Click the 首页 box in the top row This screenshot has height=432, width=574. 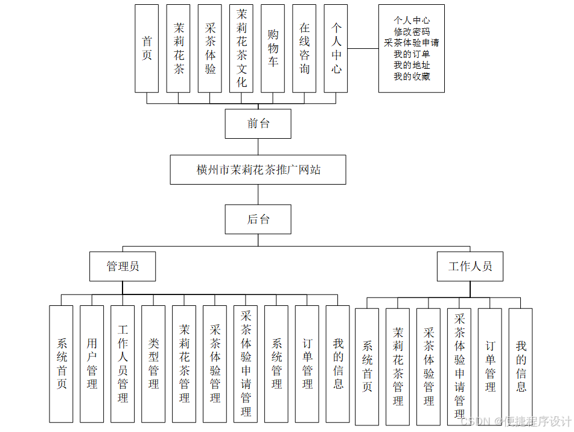(x=147, y=48)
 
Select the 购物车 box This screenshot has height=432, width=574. (x=273, y=48)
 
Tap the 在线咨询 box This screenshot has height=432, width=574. (x=304, y=48)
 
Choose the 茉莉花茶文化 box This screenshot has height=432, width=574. (x=241, y=48)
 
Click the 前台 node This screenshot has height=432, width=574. (x=258, y=124)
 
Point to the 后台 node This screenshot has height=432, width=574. (x=258, y=219)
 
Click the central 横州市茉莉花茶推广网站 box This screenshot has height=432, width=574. (x=258, y=170)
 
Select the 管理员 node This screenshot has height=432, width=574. (x=123, y=266)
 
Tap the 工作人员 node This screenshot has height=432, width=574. (x=470, y=266)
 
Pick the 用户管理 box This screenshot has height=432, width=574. (x=92, y=363)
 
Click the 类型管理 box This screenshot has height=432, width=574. (x=153, y=363)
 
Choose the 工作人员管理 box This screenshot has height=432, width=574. (x=123, y=363)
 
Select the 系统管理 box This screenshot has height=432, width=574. (x=276, y=363)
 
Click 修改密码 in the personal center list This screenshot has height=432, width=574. (x=412, y=32)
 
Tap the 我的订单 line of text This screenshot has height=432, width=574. (x=412, y=54)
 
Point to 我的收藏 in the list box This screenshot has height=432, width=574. (x=412, y=77)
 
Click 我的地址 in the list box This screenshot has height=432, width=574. (x=412, y=65)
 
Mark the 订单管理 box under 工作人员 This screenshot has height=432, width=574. (x=490, y=366)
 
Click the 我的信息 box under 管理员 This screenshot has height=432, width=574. (x=338, y=363)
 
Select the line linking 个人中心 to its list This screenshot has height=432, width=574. (x=363, y=48)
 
